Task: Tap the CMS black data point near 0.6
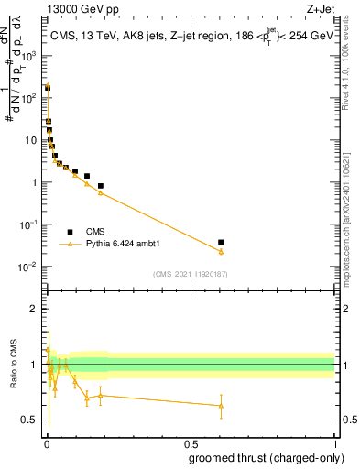click(x=221, y=242)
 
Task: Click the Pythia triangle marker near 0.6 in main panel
click(x=221, y=252)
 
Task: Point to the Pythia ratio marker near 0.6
click(x=221, y=406)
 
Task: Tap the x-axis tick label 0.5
click(x=191, y=443)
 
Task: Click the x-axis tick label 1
click(x=334, y=443)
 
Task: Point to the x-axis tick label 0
click(x=47, y=443)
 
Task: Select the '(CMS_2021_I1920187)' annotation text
click(x=190, y=273)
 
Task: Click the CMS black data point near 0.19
click(x=101, y=186)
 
